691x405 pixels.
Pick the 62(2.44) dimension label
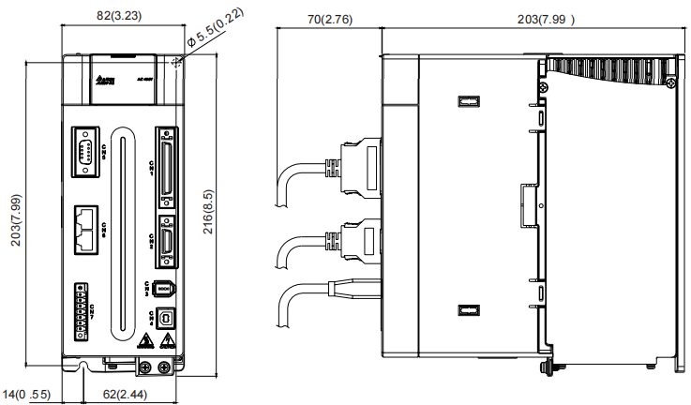124,395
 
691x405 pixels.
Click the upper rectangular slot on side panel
467,101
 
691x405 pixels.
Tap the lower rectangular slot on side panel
467,310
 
